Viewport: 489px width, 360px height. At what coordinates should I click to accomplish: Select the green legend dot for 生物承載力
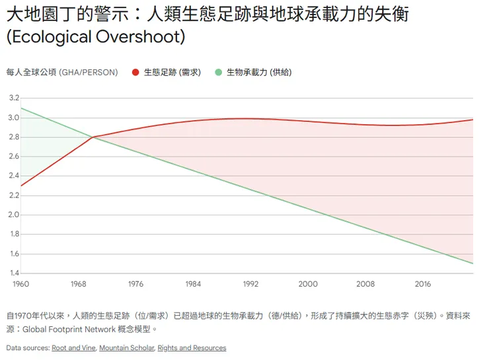[219, 73]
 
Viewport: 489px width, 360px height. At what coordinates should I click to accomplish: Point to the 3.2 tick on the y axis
[13, 98]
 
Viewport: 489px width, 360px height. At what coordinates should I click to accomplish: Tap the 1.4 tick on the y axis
[13, 273]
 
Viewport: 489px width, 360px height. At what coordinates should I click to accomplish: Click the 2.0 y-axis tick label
[13, 215]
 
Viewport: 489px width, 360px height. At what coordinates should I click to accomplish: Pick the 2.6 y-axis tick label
[13, 157]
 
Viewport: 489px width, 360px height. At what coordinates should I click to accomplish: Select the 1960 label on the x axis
[20, 284]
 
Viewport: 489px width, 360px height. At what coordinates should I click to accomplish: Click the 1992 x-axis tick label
[250, 284]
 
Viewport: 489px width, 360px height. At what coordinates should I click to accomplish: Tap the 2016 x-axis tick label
[423, 284]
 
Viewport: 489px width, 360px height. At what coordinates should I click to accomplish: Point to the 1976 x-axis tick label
[135, 284]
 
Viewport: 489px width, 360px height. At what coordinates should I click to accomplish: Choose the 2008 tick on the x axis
[365, 284]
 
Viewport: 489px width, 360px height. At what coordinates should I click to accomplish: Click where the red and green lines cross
[93, 137]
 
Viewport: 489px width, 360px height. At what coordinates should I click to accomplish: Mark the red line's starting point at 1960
[21, 186]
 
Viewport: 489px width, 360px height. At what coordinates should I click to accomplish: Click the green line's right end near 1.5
[472, 264]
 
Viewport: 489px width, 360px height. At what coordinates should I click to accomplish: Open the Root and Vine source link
[74, 348]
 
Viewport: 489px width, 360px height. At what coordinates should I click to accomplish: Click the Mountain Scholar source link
[126, 348]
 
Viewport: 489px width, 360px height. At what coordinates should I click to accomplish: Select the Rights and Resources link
[192, 348]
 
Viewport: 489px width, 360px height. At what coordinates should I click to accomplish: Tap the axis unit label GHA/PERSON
[88, 73]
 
